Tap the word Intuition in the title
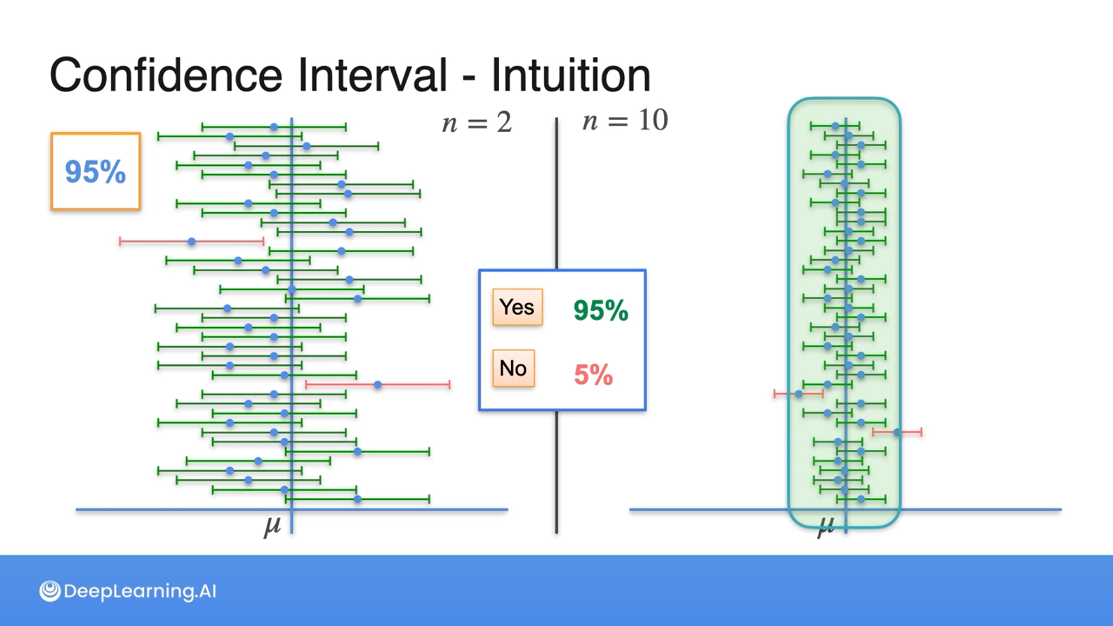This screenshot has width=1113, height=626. (571, 75)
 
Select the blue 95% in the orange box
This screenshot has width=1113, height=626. (95, 172)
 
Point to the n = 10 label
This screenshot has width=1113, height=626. (625, 121)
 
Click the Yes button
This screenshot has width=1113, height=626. (517, 307)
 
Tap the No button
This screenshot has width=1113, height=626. (513, 368)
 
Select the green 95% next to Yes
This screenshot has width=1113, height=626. (601, 310)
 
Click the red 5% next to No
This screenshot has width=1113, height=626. (593, 374)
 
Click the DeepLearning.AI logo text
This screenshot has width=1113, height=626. (140, 591)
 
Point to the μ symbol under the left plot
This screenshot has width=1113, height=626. (272, 525)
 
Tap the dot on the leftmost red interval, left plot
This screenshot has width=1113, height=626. (191, 241)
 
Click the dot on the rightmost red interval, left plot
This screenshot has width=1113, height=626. (378, 384)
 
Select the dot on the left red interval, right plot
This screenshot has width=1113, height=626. (799, 394)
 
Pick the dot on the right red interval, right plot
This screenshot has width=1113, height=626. (897, 432)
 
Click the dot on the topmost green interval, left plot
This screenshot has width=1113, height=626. (274, 127)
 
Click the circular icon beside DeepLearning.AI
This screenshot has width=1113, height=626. (50, 591)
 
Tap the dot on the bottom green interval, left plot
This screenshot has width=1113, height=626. (358, 499)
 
